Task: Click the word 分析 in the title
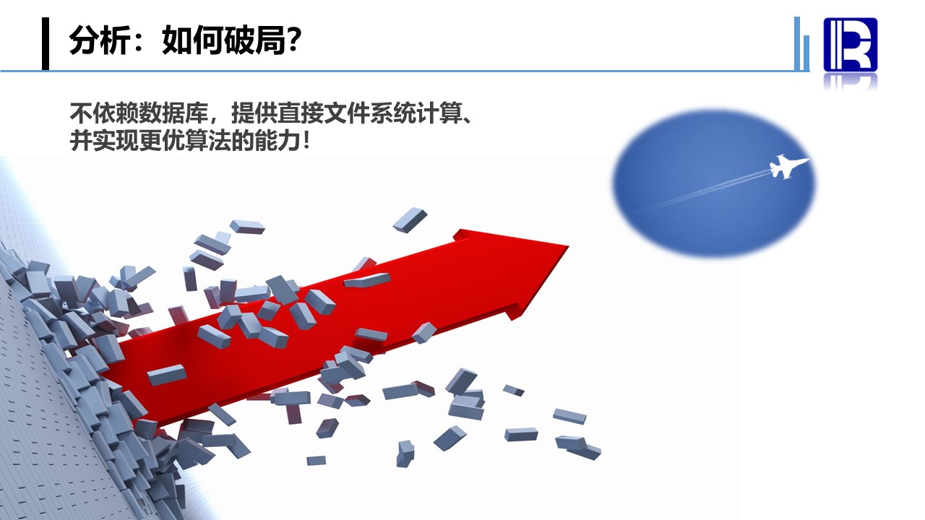coord(99,40)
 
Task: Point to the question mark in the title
coord(294,40)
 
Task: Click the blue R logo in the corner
coord(851,45)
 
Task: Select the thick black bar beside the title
coord(46,43)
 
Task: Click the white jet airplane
coord(788,166)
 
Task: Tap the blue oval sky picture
coord(714,183)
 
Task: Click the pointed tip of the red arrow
coord(568,246)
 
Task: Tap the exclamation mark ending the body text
coord(306,141)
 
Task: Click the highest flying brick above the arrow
coord(410,220)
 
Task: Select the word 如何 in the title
coord(192,40)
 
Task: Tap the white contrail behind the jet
coord(702,193)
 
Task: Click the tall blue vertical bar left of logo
coord(797,43)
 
